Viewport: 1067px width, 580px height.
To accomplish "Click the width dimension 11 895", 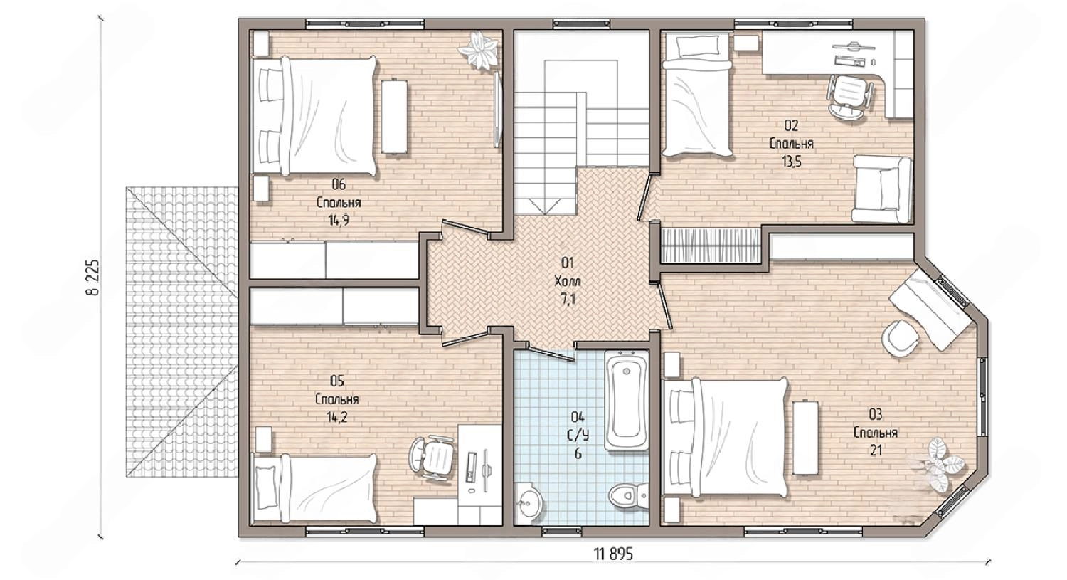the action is (x=613, y=554).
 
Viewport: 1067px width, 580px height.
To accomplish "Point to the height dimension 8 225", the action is (x=93, y=277).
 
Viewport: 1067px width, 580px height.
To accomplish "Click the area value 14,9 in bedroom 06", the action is (x=339, y=220).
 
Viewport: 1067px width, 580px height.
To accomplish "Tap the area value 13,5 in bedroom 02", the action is (x=791, y=162).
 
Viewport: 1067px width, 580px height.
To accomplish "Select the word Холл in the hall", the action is (x=568, y=281).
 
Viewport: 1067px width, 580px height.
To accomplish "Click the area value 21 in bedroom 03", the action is (x=876, y=450).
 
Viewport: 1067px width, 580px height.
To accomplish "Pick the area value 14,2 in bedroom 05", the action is (x=336, y=417).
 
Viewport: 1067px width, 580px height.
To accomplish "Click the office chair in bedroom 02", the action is (x=850, y=96).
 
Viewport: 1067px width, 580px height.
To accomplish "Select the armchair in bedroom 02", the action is (x=882, y=189).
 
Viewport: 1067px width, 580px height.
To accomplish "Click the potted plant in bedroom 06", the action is (x=481, y=51).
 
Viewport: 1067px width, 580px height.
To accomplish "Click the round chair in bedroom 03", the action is (x=900, y=337).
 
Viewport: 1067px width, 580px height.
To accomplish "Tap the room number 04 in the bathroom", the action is (x=578, y=418).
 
